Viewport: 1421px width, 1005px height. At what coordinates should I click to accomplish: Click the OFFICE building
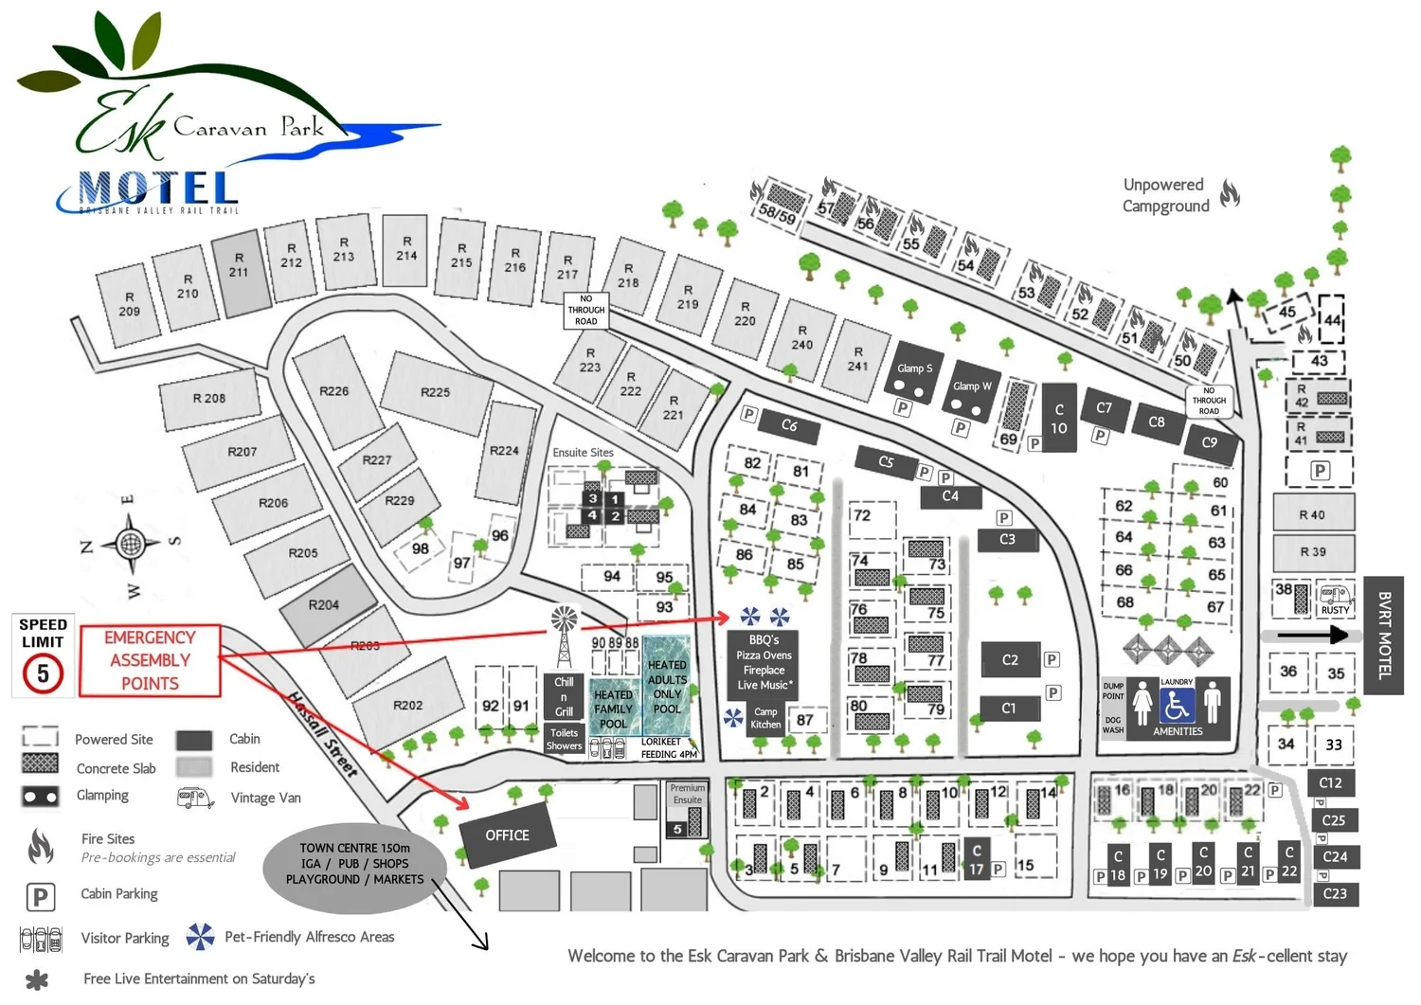pos(507,835)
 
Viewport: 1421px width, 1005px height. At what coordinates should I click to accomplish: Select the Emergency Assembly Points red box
pos(150,660)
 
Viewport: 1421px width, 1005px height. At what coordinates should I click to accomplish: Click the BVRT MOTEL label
pos(1383,635)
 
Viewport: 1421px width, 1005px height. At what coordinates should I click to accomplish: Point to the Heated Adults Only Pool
pos(667,686)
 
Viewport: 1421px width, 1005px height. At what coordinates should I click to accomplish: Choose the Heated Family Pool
pos(613,707)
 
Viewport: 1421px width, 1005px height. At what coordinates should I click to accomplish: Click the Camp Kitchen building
pos(765,718)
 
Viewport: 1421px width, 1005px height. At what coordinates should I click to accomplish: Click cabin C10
pos(1059,418)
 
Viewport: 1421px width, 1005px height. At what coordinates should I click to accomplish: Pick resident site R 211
pos(240,272)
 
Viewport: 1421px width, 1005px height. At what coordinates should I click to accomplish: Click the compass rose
pos(130,544)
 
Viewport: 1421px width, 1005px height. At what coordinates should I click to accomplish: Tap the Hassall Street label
pos(323,734)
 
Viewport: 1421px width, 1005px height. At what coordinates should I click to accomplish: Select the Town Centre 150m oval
pos(354,863)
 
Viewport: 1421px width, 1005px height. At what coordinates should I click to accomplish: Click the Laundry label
pos(1177,682)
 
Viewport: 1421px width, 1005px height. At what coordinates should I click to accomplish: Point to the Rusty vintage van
pos(1335,599)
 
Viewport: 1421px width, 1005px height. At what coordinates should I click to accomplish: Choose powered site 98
pos(420,548)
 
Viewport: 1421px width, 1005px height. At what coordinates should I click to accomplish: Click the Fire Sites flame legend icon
pos(40,846)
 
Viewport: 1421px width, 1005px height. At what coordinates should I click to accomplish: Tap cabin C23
pos(1335,893)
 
